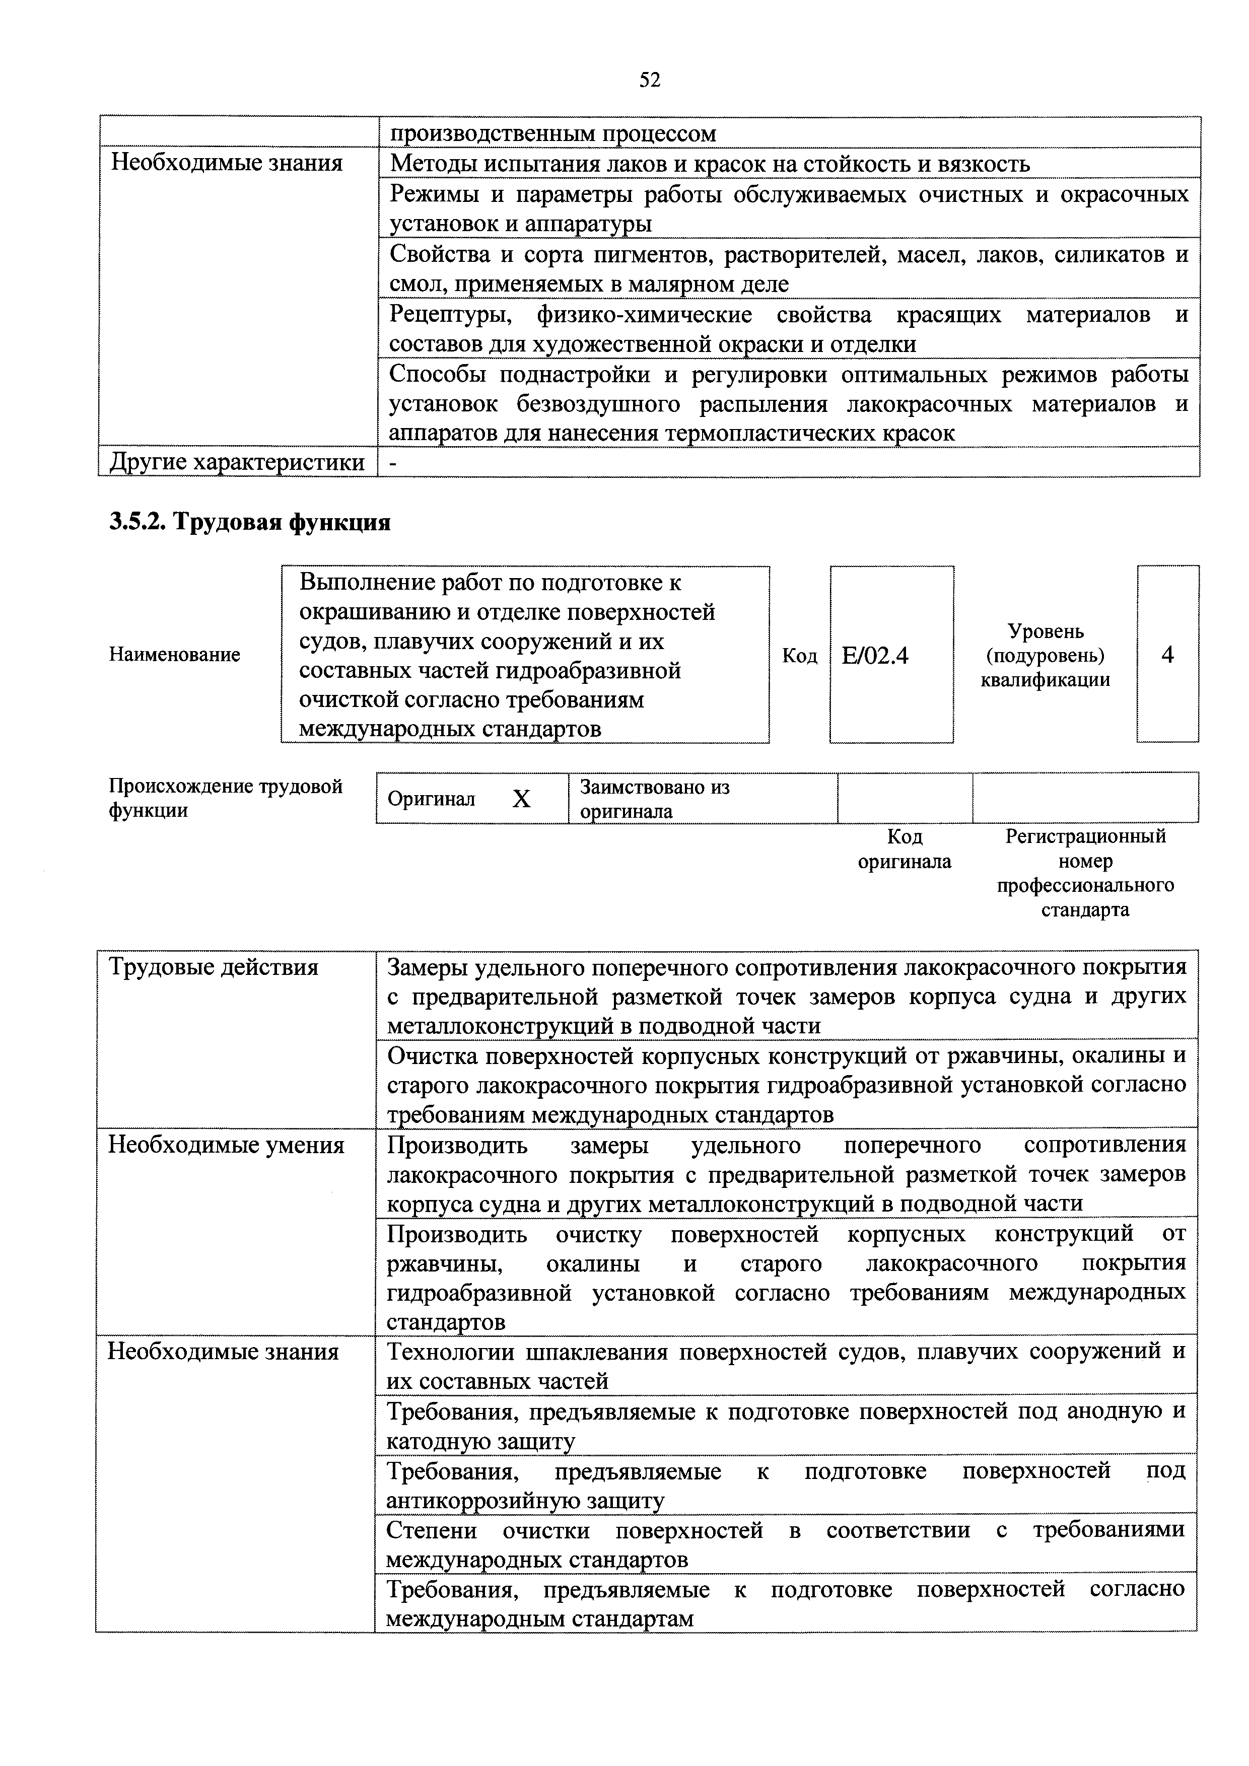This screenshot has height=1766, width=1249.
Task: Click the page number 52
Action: (649, 80)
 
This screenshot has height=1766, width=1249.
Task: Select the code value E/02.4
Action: (875, 655)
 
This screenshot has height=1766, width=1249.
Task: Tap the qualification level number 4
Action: (1167, 655)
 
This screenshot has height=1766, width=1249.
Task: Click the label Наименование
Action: (175, 655)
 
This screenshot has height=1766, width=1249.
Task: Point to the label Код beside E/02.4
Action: (799, 655)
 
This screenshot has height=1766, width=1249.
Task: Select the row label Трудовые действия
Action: (214, 967)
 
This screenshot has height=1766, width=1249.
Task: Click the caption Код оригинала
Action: (905, 849)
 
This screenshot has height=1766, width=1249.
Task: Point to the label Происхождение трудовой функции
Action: (225, 798)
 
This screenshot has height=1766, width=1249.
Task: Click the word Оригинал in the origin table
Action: (432, 799)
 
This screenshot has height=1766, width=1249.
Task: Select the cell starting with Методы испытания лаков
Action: (709, 164)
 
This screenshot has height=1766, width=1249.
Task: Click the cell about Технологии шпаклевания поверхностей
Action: (785, 1365)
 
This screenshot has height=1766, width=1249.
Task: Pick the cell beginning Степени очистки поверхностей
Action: (785, 1544)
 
